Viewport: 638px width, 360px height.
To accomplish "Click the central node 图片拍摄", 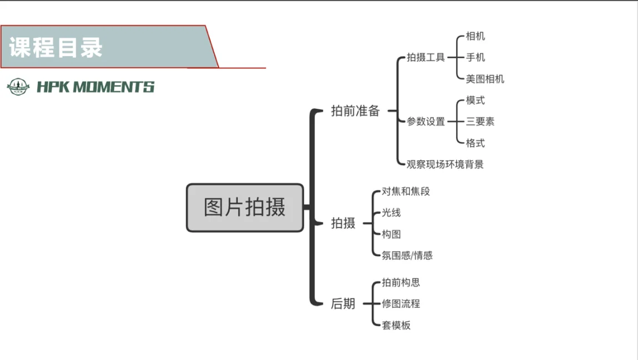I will pyautogui.click(x=245, y=207).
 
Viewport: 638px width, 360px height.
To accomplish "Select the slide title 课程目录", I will pyautogui.click(x=56, y=47).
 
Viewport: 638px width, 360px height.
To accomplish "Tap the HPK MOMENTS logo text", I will pyautogui.click(x=95, y=87).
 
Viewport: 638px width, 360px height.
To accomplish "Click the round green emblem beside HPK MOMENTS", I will pyautogui.click(x=18, y=87).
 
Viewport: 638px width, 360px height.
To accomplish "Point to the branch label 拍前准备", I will pyautogui.click(x=355, y=111).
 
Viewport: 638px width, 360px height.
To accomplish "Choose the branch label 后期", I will pyautogui.click(x=343, y=304).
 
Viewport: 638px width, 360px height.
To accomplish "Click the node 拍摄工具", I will pyautogui.click(x=426, y=57).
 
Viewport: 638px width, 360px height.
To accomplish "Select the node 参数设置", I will pyautogui.click(x=426, y=121).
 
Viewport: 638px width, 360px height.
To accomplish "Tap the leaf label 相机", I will pyautogui.click(x=475, y=36).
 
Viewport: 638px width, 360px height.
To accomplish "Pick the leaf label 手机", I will pyautogui.click(x=475, y=57).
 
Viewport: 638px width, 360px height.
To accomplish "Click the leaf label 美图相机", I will pyautogui.click(x=485, y=79).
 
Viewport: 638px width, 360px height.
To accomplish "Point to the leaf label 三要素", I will pyautogui.click(x=480, y=121).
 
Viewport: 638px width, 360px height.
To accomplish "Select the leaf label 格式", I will pyautogui.click(x=475, y=143).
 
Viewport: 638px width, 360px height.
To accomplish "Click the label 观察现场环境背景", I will pyautogui.click(x=445, y=164).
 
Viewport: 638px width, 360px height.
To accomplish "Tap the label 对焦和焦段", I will pyautogui.click(x=406, y=191).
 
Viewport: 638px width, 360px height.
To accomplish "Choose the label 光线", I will pyautogui.click(x=391, y=212).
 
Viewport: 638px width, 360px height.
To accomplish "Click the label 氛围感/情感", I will pyautogui.click(x=407, y=255).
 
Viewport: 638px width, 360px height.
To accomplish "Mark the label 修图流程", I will pyautogui.click(x=401, y=304).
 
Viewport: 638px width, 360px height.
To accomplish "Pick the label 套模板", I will pyautogui.click(x=396, y=325).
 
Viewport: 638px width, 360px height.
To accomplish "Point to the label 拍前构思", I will pyautogui.click(x=401, y=282).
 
